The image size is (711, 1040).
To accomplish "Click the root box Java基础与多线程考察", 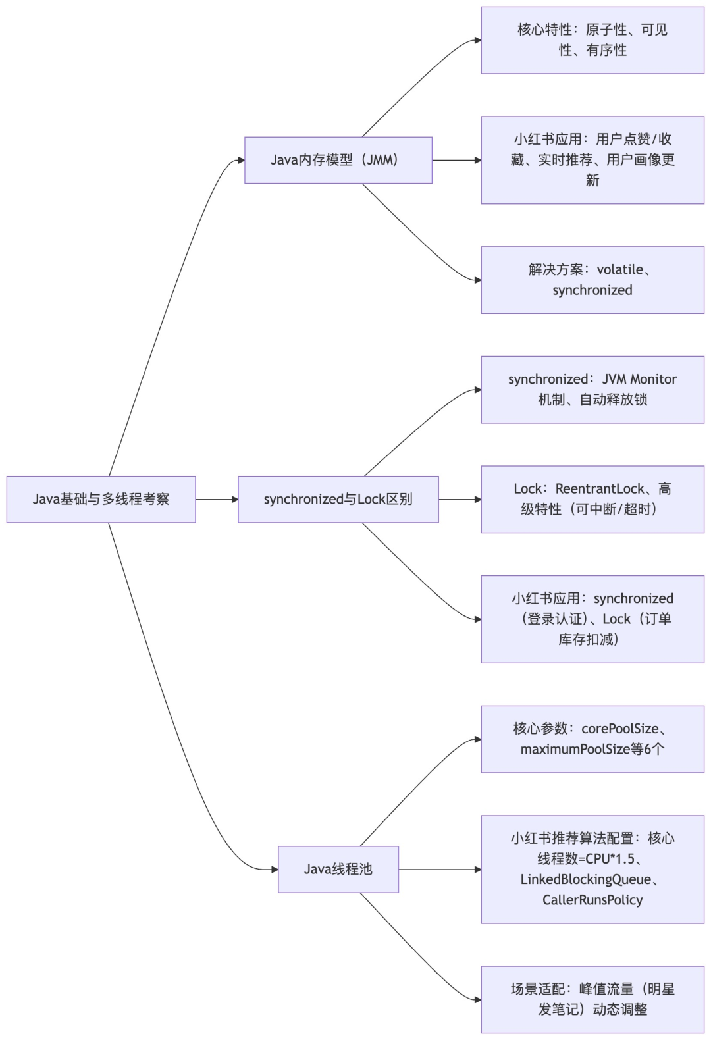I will click(x=101, y=499).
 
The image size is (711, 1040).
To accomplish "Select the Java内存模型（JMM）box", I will click(x=338, y=160).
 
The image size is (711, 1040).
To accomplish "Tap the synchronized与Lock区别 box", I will click(x=338, y=499).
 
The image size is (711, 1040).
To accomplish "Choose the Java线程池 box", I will click(x=338, y=869).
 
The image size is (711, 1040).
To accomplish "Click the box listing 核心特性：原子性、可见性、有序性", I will click(x=592, y=39).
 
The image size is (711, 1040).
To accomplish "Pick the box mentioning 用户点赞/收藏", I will click(x=592, y=159).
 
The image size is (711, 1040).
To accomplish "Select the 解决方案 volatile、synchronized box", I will click(x=592, y=280).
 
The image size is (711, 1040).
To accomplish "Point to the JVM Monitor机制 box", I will click(x=592, y=389).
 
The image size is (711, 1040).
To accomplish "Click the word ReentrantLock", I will click(x=600, y=488).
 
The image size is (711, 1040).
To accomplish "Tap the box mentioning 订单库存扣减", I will click(x=592, y=619).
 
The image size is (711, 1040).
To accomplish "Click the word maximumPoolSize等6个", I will click(x=592, y=749).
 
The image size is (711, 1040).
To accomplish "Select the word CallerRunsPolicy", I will click(x=592, y=900).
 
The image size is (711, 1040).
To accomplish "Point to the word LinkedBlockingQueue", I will click(x=585, y=879).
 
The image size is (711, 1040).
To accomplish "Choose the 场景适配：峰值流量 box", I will click(x=592, y=999).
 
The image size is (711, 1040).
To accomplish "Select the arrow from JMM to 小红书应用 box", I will click(x=457, y=160).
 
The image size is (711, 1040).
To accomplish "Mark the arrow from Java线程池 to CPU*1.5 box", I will click(x=440, y=870).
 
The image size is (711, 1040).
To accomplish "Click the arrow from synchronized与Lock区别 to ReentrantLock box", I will click(x=460, y=500).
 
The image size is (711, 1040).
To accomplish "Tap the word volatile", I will click(x=620, y=269).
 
